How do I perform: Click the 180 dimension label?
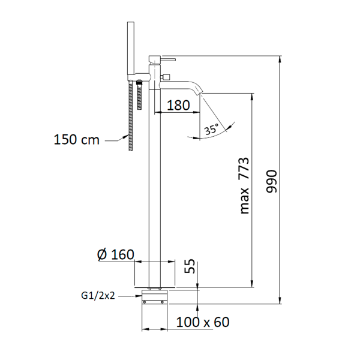coord(178,106)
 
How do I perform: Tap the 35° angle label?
coord(211,129)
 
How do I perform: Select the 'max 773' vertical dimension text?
coord(244,185)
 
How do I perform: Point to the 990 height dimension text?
coord(272,181)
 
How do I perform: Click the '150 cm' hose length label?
coord(76,140)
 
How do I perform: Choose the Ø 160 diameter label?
coord(115,254)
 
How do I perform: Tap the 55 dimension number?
coord(190,266)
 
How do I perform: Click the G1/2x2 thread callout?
coord(98,296)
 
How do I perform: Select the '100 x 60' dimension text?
coord(203,322)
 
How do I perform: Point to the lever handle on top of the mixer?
coord(168,59)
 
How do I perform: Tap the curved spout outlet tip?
coord(199,92)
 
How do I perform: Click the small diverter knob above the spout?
coord(166,76)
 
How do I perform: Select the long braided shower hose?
coord(131,115)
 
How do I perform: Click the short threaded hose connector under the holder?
coord(139,95)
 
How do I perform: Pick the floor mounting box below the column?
coord(155,297)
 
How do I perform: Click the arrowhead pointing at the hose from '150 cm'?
coord(125,136)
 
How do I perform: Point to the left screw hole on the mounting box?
coord(145,302)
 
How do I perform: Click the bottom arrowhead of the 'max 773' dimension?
coord(253,284)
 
